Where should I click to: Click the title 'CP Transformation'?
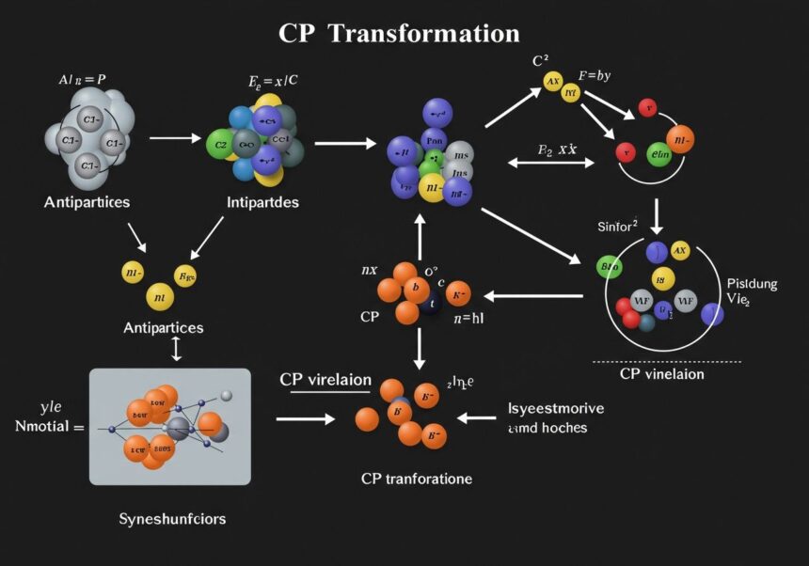coord(399,34)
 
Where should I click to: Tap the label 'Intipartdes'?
coord(263,201)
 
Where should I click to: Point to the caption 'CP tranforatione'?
coord(417,479)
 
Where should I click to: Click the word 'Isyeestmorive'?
coord(555,409)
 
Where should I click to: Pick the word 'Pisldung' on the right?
coord(753,283)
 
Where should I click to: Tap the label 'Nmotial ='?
coord(50,427)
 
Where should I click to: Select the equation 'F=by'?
coord(595,76)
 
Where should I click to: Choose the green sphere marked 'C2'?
coord(219,145)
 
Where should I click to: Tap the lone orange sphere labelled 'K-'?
coord(458,293)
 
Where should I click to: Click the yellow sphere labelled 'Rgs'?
coord(186,276)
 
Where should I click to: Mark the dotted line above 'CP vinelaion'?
coord(667,361)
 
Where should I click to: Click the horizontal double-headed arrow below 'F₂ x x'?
coord(551,163)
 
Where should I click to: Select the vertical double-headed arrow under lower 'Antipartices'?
coord(176,349)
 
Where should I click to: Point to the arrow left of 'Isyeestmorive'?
coord(481,417)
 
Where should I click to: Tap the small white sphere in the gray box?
coord(226,395)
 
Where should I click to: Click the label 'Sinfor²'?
coord(618,226)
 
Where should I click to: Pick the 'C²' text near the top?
coord(540,60)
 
